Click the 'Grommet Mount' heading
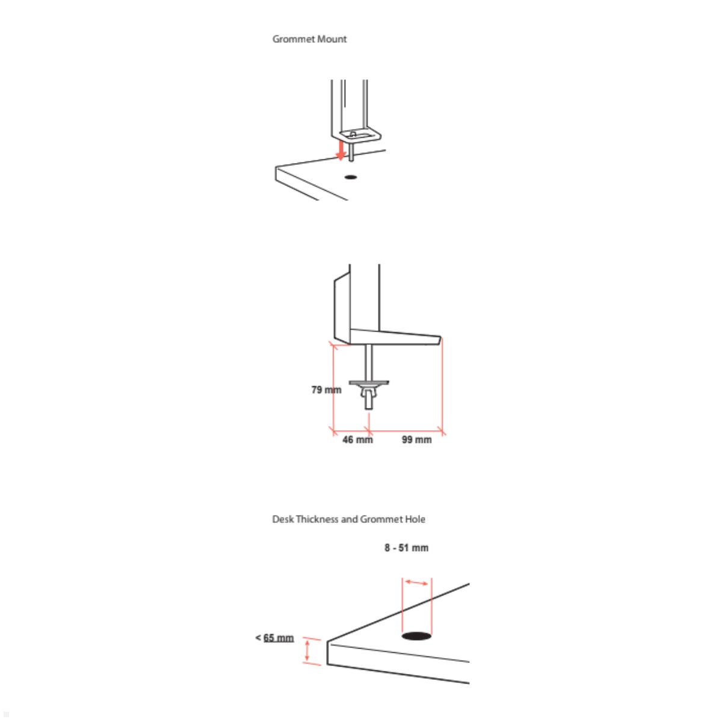point(309,39)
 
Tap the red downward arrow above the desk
point(341,150)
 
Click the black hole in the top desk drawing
point(350,177)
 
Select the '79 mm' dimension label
point(326,390)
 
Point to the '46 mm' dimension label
point(357,440)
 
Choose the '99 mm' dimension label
point(416,440)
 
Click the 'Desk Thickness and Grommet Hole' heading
point(348,519)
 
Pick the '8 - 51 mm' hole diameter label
point(407,548)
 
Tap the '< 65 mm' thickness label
point(274,638)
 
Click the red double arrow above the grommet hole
point(416,582)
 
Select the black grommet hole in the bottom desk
point(416,635)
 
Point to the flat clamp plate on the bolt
point(369,383)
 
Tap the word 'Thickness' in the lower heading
point(318,519)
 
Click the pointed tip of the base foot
point(441,338)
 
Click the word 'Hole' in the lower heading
point(415,519)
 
